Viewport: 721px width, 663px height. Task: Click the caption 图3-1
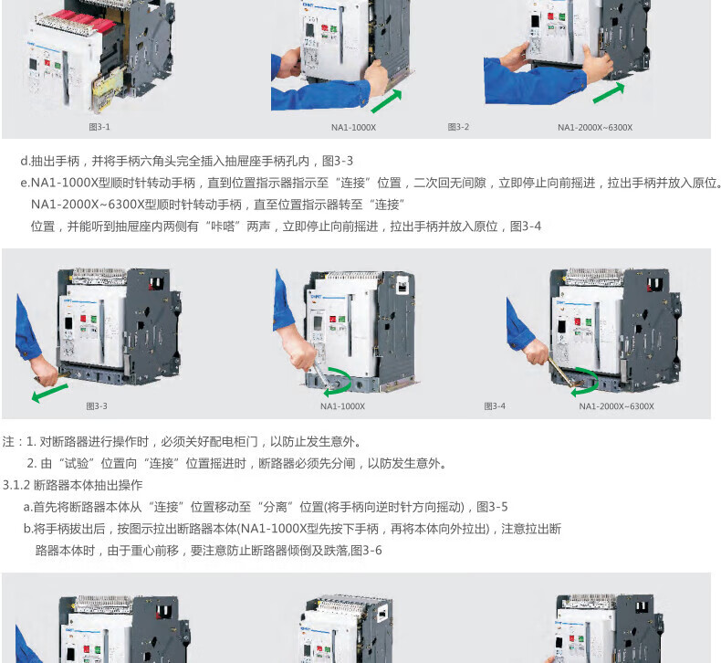tap(99, 127)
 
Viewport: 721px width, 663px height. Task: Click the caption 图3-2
tap(458, 127)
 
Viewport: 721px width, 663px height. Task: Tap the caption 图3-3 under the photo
tap(97, 405)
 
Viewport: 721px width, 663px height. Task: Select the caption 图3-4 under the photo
tap(495, 405)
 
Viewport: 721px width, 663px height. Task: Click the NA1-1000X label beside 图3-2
tap(353, 128)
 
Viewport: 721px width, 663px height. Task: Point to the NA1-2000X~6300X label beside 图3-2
tap(595, 128)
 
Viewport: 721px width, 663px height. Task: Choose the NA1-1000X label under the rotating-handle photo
tap(342, 406)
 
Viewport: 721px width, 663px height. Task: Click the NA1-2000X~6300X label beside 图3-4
tap(616, 406)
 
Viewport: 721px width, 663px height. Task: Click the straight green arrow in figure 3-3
tap(49, 394)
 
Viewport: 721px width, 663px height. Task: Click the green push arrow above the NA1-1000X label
tap(386, 100)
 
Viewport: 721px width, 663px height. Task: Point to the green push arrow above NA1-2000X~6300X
tap(609, 93)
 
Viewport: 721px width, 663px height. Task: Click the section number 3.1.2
tap(16, 485)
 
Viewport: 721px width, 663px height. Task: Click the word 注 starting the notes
tap(8, 442)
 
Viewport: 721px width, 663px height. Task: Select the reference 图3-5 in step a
tap(492, 507)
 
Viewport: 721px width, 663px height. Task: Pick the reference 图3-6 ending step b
tap(366, 551)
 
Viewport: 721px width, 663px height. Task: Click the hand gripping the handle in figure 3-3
tap(44, 370)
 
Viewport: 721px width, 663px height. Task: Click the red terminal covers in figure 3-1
tap(84, 22)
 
